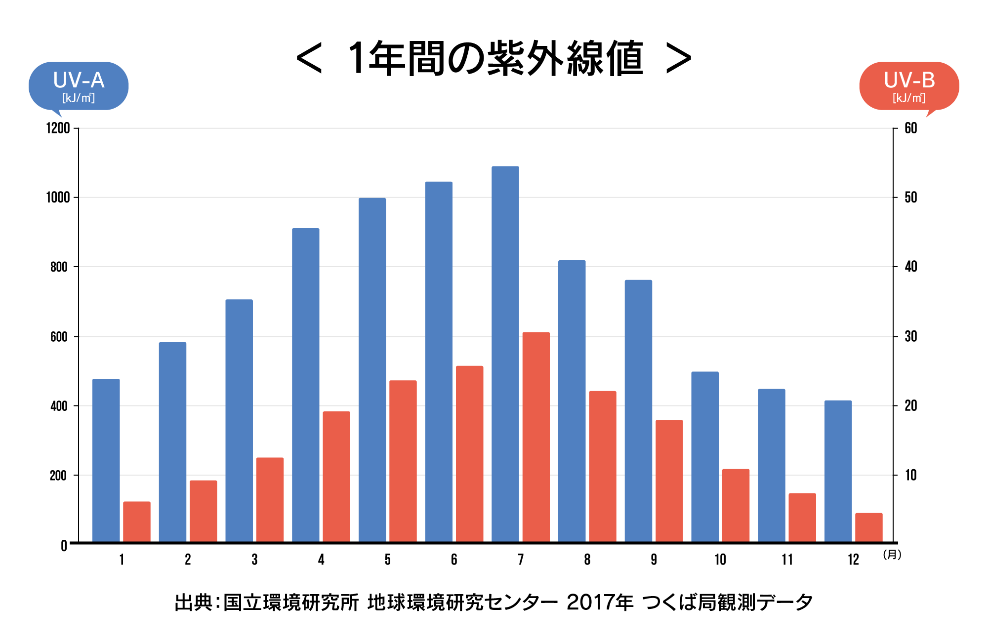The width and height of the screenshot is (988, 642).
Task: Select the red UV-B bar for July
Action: [536, 437]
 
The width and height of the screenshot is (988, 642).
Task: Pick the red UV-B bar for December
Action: [868, 527]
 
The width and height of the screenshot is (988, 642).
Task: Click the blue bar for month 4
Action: [306, 385]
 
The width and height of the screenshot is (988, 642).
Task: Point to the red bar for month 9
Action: [669, 481]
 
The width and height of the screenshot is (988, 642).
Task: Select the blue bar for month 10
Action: [705, 457]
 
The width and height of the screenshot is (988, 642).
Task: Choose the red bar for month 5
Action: [403, 461]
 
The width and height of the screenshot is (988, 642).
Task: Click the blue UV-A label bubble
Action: [79, 86]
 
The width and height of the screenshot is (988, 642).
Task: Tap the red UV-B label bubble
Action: [909, 86]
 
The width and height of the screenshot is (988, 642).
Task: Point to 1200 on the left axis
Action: [58, 128]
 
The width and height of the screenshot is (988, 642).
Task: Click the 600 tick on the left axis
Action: [58, 337]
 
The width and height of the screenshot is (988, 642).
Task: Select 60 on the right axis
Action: [910, 128]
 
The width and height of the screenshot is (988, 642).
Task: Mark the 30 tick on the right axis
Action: [910, 337]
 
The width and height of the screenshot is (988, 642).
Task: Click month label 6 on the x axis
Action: [454, 560]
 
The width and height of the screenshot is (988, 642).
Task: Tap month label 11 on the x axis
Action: [787, 560]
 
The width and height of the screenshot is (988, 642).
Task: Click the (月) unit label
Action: [892, 555]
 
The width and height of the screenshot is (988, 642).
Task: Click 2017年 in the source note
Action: [600, 602]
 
